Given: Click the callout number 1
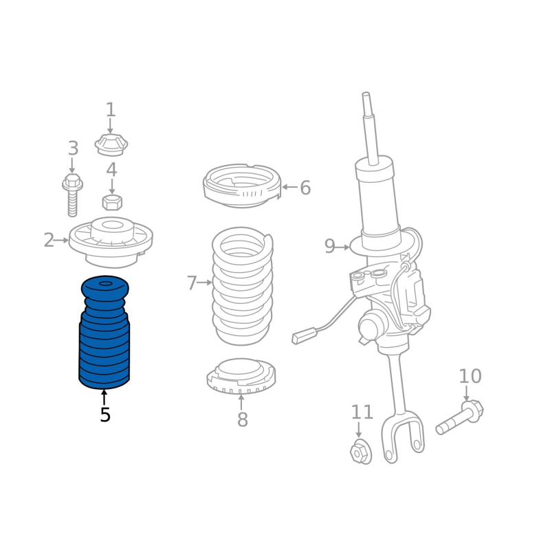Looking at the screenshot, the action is click(x=111, y=109).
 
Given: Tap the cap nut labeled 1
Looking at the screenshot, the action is click(x=111, y=145).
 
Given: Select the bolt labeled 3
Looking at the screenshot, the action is click(x=72, y=195).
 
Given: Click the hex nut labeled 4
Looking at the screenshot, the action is click(x=112, y=202).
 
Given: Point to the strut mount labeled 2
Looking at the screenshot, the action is click(x=111, y=243).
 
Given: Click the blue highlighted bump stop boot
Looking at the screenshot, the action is click(x=104, y=332).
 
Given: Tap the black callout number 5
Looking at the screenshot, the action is click(x=105, y=415).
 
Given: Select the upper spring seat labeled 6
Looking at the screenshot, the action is click(x=243, y=186).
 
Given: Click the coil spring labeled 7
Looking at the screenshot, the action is click(x=243, y=286).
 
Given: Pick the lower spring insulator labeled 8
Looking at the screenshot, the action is click(x=241, y=375).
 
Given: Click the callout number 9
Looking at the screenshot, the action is click(x=330, y=246).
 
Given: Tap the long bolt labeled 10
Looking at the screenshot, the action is click(x=459, y=417).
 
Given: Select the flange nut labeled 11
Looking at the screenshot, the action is click(x=361, y=451).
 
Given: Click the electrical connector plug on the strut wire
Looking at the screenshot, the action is click(x=304, y=335).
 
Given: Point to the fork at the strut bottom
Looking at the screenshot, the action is click(x=403, y=437).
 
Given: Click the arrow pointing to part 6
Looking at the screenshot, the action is click(x=289, y=187).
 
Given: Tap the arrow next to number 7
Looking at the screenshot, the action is click(x=205, y=282).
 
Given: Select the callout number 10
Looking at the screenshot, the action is click(x=470, y=376).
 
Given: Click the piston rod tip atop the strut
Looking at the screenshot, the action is click(x=366, y=96).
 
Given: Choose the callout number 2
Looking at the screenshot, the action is click(x=49, y=240).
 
